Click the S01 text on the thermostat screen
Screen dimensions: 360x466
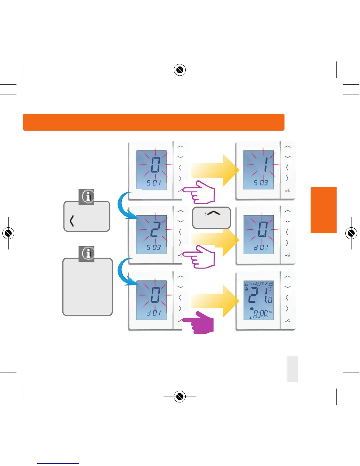pos(154,183)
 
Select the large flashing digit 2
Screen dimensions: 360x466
pos(155,230)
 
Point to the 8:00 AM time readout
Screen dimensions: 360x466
pos(261,313)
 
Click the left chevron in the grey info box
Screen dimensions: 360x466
pos(71,221)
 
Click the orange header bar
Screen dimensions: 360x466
pos(154,122)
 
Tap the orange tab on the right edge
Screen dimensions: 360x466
pos(324,210)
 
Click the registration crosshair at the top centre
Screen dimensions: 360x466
pos(180,70)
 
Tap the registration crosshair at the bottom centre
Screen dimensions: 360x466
pos(180,397)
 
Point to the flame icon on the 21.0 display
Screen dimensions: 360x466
pos(246,289)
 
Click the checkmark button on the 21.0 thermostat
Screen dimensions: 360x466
pos(287,321)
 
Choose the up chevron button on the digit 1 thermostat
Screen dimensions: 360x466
pos(287,147)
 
